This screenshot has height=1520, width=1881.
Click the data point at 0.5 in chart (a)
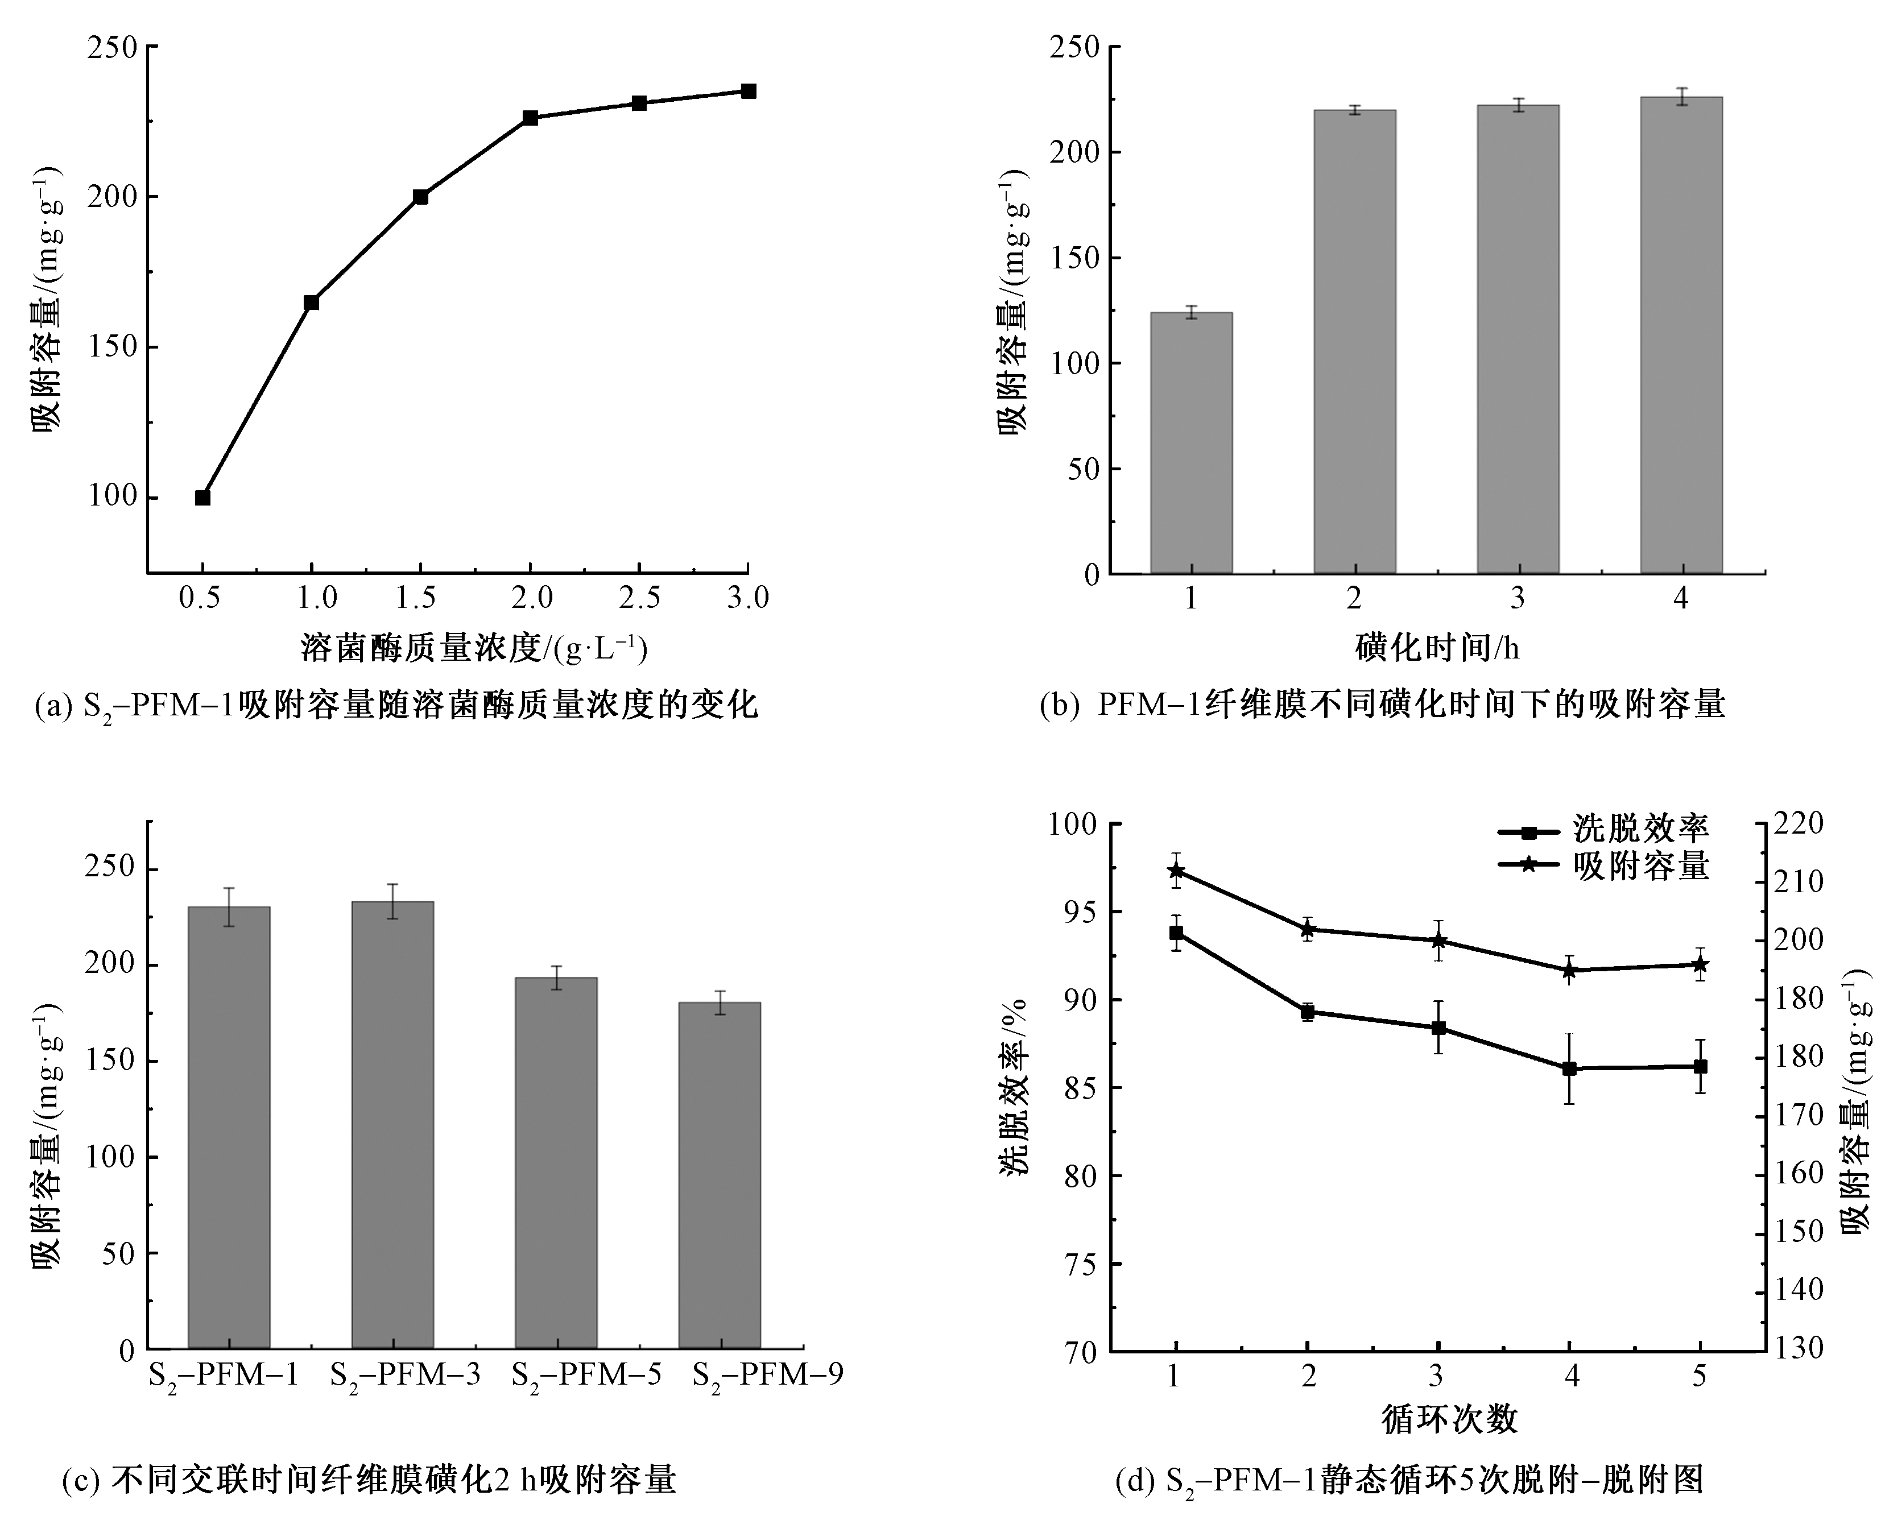202,498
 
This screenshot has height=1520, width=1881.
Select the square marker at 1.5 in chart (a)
420,197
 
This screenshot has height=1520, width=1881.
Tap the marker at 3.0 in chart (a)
749,91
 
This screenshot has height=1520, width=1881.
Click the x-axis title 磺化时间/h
1436,648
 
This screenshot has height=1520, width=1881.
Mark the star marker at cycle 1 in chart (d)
1176,871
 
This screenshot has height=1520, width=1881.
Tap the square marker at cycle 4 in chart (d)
1569,1068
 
